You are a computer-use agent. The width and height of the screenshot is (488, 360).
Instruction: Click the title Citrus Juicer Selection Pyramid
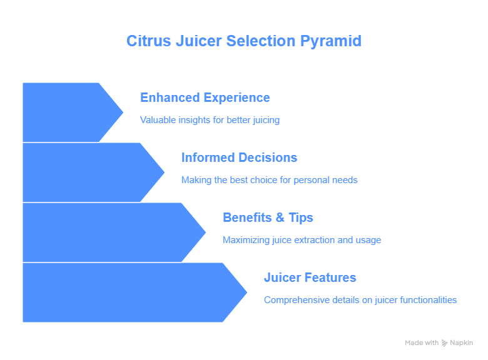(244, 41)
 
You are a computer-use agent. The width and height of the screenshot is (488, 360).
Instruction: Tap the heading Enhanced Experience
(205, 98)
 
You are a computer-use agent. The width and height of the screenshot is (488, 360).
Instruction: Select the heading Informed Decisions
(240, 157)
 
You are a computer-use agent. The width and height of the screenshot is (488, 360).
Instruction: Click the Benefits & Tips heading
(268, 217)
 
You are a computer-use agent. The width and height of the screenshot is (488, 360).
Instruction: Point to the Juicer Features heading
(310, 277)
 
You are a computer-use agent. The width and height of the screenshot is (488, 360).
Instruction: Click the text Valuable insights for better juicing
(210, 120)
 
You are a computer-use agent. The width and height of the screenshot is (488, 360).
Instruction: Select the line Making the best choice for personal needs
(270, 180)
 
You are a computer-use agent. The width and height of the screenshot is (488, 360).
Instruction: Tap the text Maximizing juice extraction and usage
(302, 240)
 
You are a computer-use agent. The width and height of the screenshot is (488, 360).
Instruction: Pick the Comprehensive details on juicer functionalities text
(360, 300)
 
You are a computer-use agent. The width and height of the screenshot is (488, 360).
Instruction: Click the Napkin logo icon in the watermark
(444, 343)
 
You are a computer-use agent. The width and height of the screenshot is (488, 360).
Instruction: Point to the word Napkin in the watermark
(462, 343)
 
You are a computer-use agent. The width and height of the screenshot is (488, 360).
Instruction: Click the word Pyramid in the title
(331, 42)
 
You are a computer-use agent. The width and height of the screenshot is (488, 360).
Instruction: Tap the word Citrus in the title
(149, 41)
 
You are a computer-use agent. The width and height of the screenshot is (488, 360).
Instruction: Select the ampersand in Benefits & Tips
(280, 217)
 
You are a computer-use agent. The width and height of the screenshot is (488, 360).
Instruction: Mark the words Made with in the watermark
(422, 343)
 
